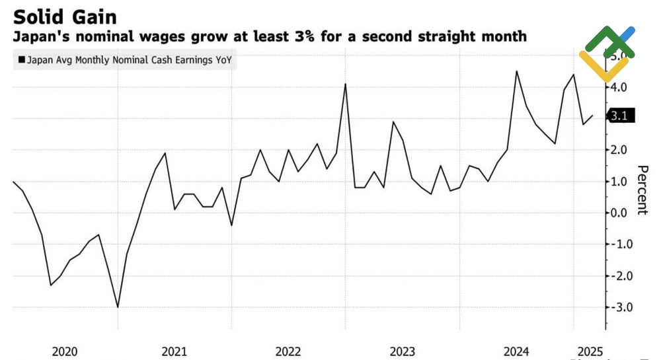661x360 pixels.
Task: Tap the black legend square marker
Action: pyautogui.click(x=21, y=61)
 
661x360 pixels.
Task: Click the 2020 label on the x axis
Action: pyautogui.click(x=63, y=351)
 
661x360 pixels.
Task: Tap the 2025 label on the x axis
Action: pyautogui.click(x=590, y=351)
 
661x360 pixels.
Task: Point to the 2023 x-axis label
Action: pyautogui.click(x=402, y=351)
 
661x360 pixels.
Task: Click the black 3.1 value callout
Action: pyautogui.click(x=621, y=117)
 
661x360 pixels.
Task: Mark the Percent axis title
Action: pyautogui.click(x=641, y=190)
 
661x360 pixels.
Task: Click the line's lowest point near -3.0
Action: pyautogui.click(x=118, y=307)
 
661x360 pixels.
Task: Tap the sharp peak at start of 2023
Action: pyautogui.click(x=345, y=84)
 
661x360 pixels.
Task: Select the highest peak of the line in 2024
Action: pyautogui.click(x=516, y=71)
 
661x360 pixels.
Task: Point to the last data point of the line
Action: pyautogui.click(x=593, y=116)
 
